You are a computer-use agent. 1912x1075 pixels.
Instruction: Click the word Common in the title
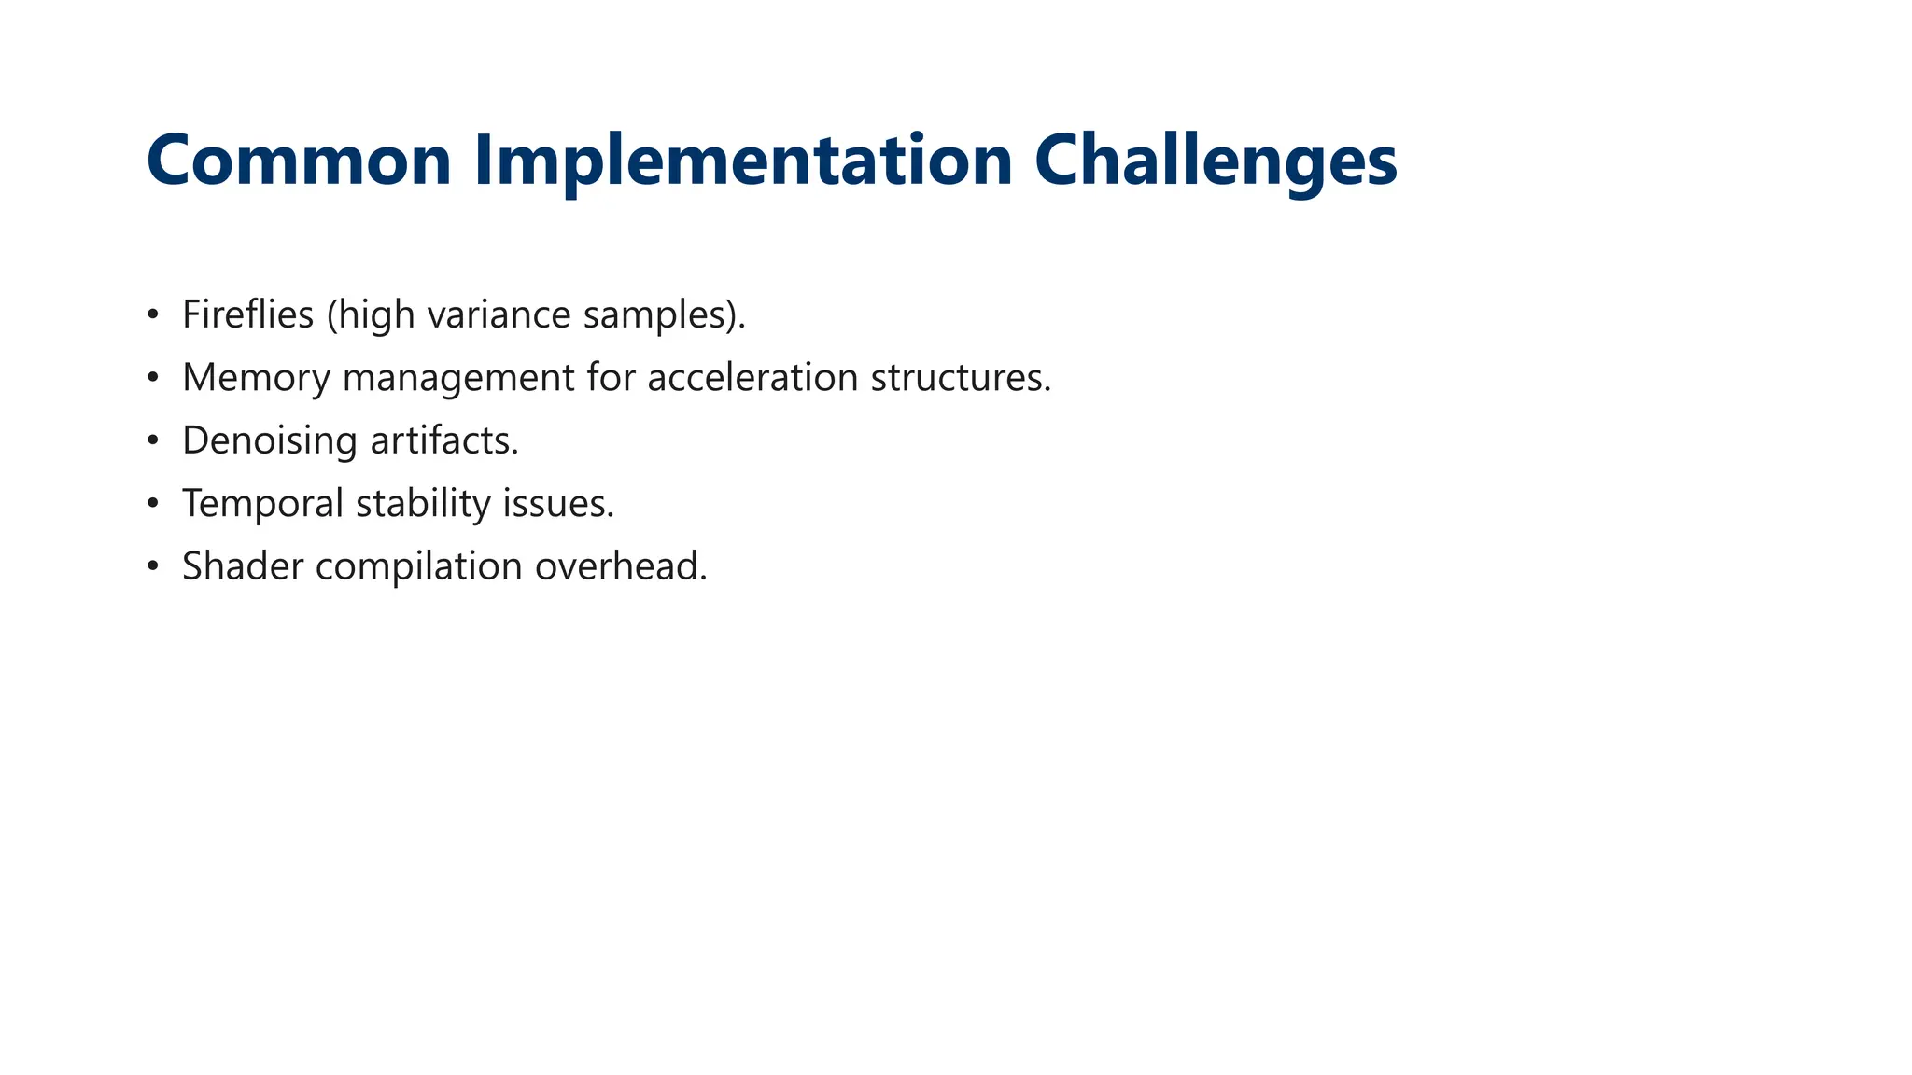(299, 161)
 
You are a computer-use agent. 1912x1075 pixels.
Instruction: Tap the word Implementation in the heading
(743, 161)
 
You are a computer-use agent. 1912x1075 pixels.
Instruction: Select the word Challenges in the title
(1216, 161)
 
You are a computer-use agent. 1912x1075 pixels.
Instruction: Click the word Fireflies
(247, 314)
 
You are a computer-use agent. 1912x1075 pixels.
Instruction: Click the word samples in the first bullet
(653, 315)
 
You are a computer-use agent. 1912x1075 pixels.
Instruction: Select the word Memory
(256, 378)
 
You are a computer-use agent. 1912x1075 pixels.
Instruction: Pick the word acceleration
(752, 377)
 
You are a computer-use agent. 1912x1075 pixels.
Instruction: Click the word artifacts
(443, 440)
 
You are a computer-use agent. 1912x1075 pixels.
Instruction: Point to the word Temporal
(262, 504)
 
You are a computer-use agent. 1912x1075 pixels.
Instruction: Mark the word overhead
(620, 566)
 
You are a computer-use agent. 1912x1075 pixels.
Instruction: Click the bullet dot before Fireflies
(153, 315)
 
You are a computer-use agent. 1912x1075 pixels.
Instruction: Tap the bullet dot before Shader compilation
(153, 566)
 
